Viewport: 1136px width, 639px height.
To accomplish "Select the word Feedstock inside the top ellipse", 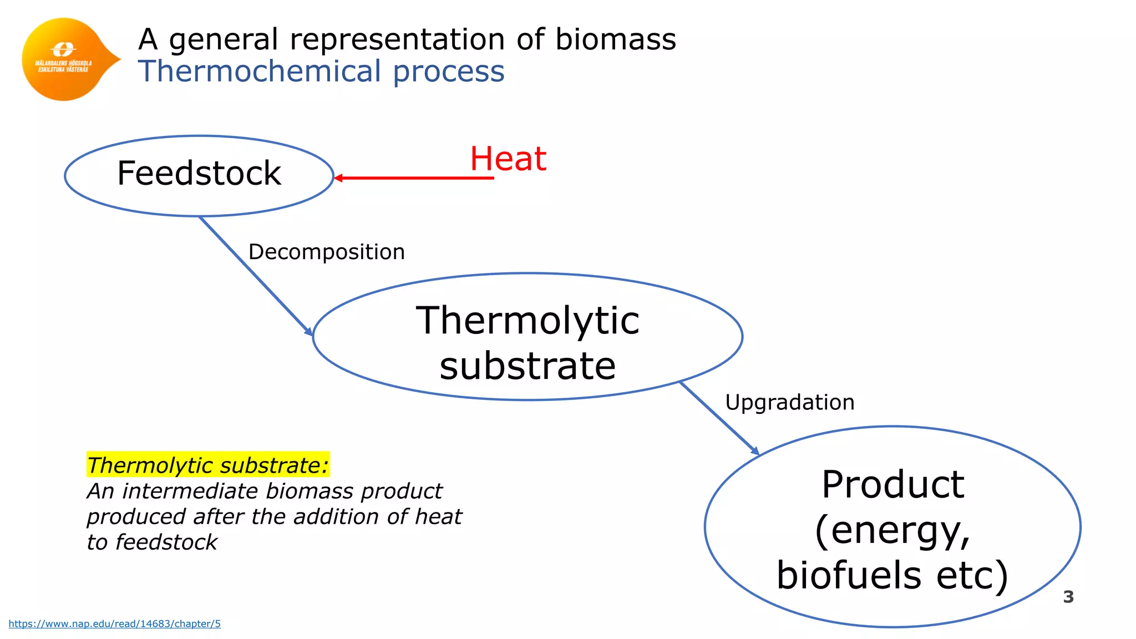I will point(199,173).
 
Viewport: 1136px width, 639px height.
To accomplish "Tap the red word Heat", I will point(508,159).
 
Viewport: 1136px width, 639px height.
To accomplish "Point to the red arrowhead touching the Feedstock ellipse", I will point(338,178).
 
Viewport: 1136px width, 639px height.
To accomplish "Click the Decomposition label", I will point(326,252).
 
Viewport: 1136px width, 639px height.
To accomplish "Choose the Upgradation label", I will point(789,402).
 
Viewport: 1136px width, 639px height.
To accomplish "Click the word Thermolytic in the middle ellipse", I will point(528,321).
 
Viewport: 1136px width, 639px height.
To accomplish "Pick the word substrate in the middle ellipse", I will point(528,366).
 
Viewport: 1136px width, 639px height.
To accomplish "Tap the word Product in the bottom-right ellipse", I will point(892,484).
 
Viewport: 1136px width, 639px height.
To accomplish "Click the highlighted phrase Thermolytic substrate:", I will point(208,465).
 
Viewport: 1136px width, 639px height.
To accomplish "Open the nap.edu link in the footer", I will point(115,624).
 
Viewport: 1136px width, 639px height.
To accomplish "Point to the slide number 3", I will point(1068,597).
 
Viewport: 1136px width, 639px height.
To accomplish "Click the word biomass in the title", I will point(616,39).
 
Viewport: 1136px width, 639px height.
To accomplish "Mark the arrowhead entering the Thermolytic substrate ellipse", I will point(309,332).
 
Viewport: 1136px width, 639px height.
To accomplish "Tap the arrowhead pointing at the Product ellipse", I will point(755,452).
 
